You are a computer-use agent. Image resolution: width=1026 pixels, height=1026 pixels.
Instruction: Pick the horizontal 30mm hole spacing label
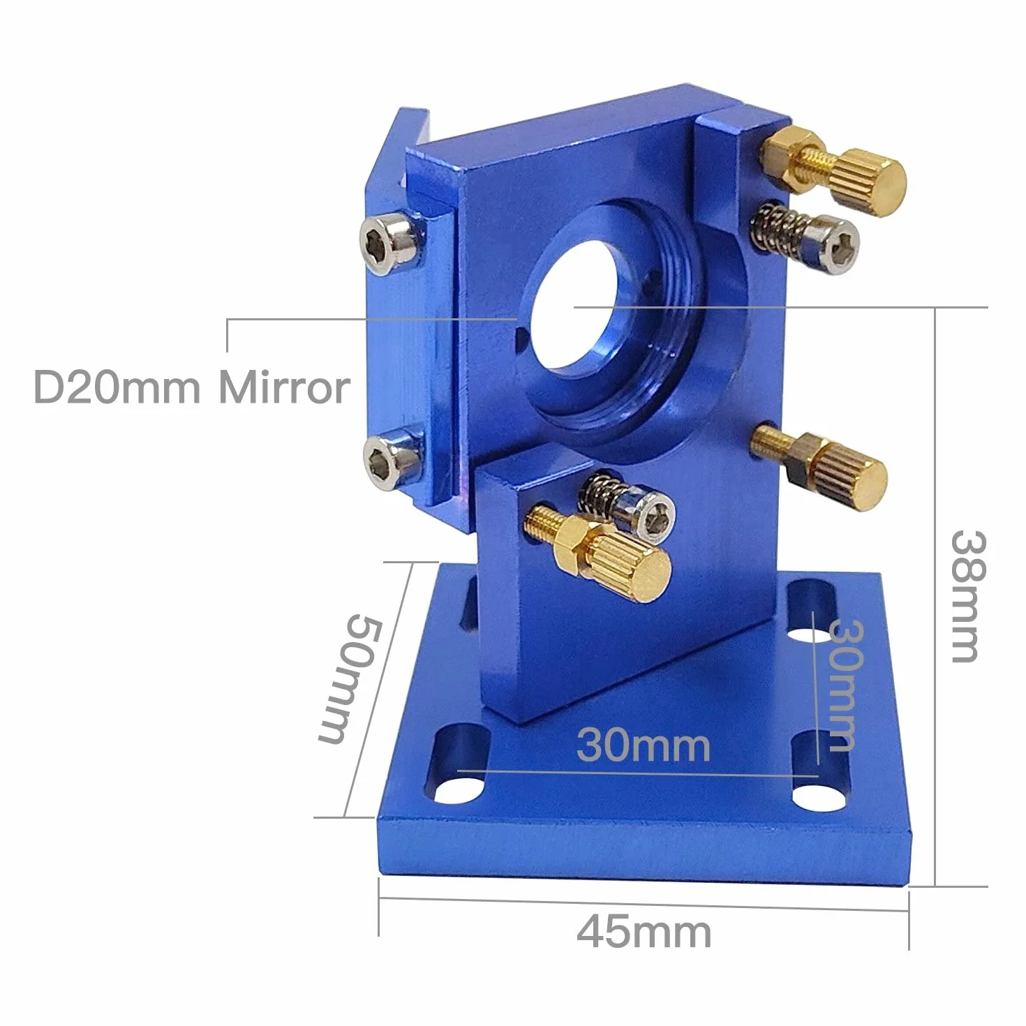[644, 745]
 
